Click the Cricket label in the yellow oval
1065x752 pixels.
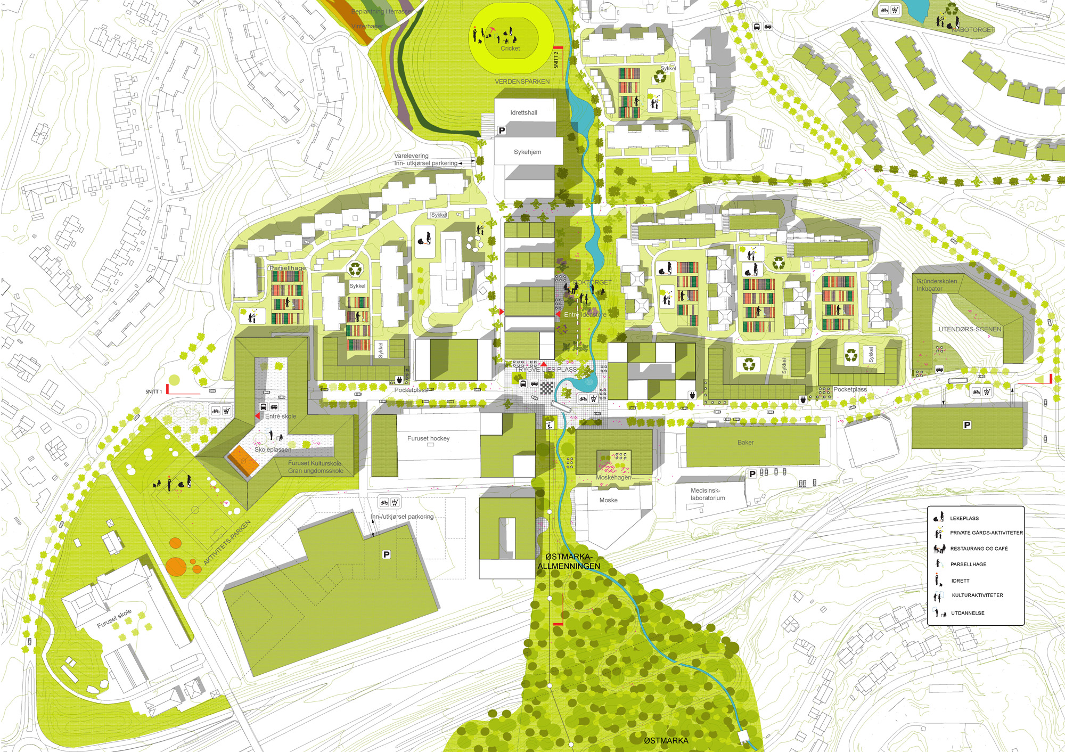point(510,48)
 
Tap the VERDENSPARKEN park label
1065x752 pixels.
point(522,81)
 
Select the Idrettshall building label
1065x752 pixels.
point(523,113)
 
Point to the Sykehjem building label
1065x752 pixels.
point(527,152)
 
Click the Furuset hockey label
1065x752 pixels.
point(428,439)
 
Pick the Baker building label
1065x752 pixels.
point(745,443)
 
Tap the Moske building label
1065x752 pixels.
point(608,501)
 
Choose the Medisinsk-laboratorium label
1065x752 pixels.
point(707,494)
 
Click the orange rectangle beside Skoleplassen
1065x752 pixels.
point(244,461)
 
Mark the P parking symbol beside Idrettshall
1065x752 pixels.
point(502,130)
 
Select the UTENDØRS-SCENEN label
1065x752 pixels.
point(970,330)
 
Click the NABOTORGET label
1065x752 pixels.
point(973,30)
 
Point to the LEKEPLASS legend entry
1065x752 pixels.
point(964,518)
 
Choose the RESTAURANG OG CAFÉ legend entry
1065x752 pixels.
point(979,549)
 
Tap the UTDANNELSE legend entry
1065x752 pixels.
point(968,613)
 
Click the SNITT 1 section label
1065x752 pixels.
point(153,392)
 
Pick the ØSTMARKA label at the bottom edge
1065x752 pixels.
point(666,741)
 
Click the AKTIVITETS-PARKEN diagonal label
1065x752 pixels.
point(227,543)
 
